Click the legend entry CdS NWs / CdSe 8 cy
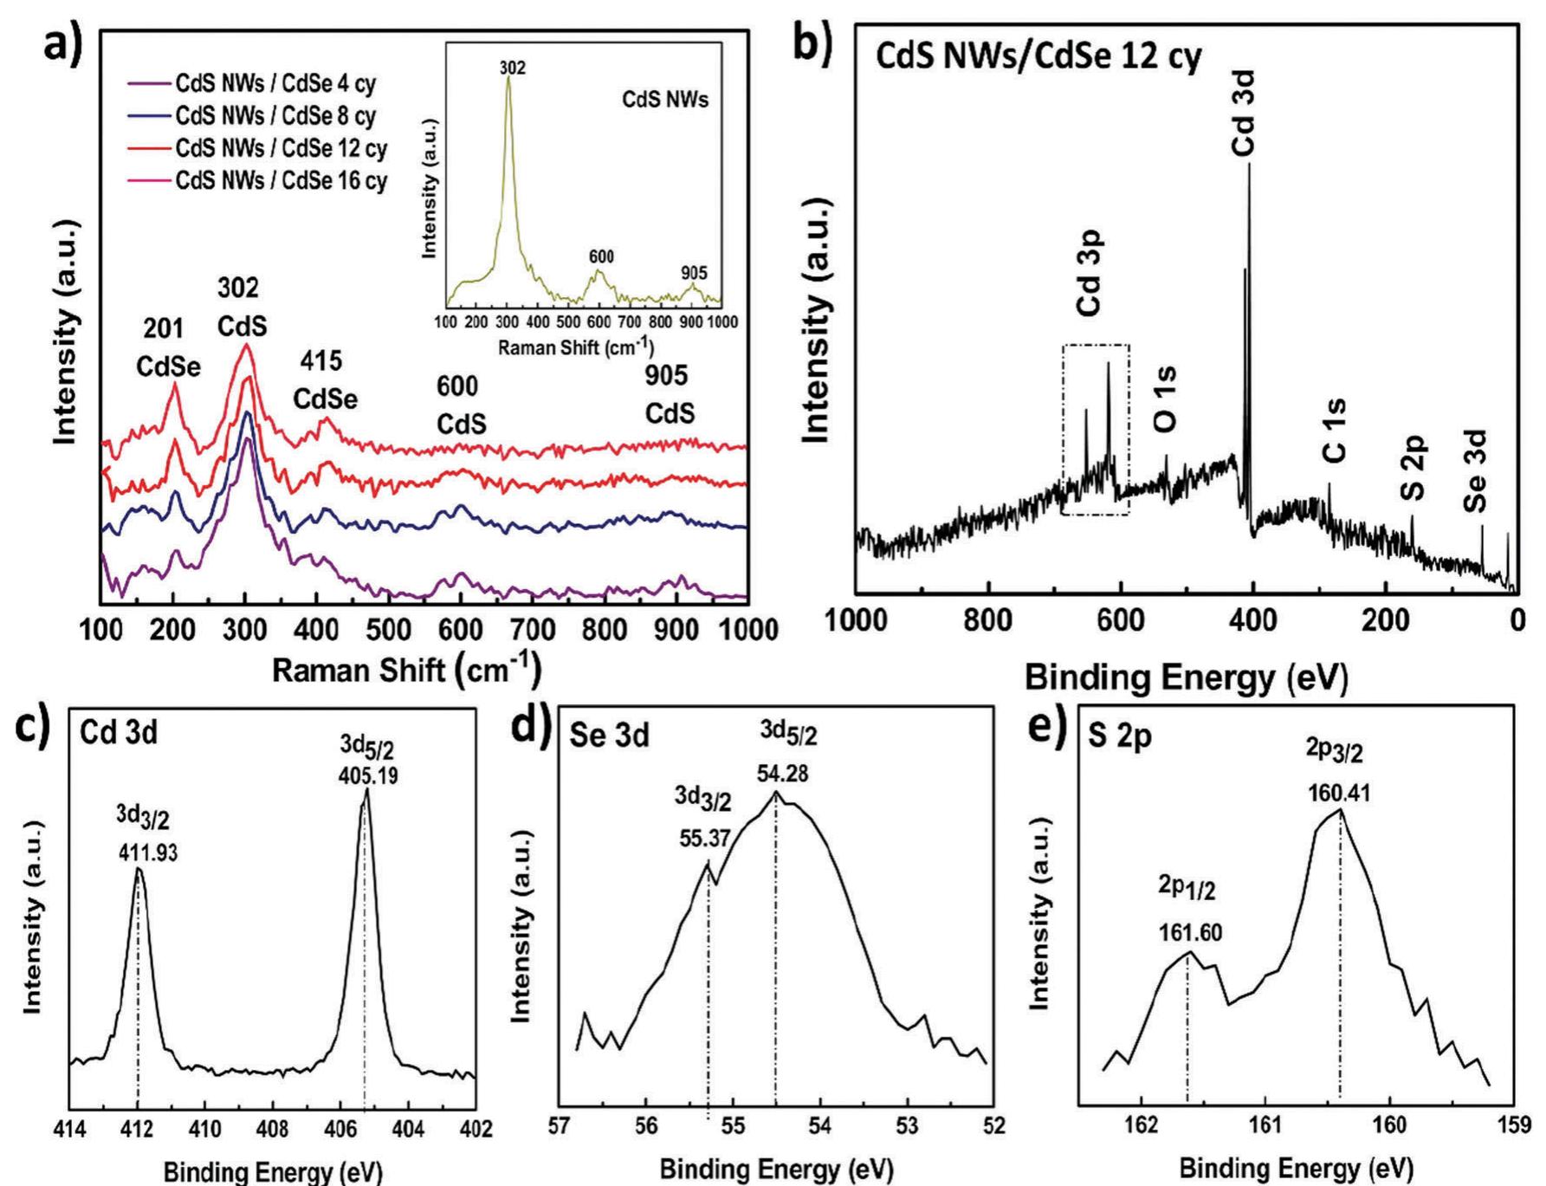tap(275, 116)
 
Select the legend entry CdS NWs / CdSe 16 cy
tap(281, 181)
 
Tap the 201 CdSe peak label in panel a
tap(168, 348)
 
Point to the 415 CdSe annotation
tap(325, 380)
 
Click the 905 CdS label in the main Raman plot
tap(669, 394)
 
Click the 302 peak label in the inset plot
tap(512, 68)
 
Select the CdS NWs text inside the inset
tap(664, 100)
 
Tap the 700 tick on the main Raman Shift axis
tap(532, 630)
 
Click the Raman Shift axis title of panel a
tap(406, 671)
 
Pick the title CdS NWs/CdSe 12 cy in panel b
tap(1038, 57)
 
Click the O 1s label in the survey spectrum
tap(1166, 399)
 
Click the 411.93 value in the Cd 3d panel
tap(147, 852)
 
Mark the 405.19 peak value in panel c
tap(368, 775)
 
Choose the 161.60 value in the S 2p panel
tap(1190, 932)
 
